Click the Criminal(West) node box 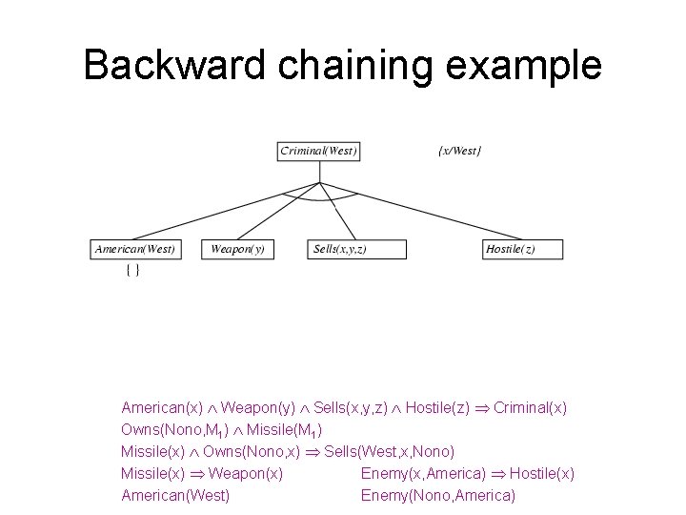pos(319,151)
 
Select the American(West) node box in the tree pos(134,250)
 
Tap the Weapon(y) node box pos(237,250)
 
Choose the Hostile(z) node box pos(522,250)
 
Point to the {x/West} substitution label pos(459,151)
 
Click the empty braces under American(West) pos(133,271)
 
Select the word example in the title pos(530,66)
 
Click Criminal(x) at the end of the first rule pos(530,407)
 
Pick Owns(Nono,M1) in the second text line pos(170,429)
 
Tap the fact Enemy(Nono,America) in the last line pos(437,495)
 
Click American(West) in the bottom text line pos(175,495)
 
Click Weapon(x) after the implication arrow pos(245,473)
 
